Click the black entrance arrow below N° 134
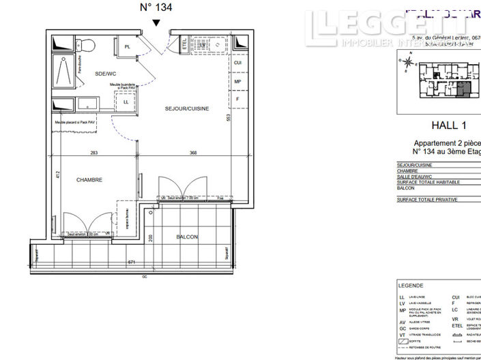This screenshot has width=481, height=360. click(x=157, y=23)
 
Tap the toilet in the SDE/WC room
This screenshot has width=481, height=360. click(x=87, y=45)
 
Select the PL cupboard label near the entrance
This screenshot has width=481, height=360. click(x=128, y=46)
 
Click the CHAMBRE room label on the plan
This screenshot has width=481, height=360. click(x=89, y=180)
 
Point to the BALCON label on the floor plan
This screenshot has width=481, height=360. click(x=187, y=237)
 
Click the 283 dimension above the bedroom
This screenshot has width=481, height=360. click(x=95, y=153)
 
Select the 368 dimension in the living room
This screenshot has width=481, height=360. click(x=193, y=153)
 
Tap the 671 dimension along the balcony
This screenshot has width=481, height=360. click(x=132, y=262)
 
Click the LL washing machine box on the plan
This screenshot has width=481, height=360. click(x=126, y=102)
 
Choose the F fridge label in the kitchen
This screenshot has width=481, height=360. click(x=237, y=99)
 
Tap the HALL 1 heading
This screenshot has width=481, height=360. click(x=450, y=125)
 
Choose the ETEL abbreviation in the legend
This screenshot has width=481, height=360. click(x=456, y=327)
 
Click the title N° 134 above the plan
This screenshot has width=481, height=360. click(x=156, y=7)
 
